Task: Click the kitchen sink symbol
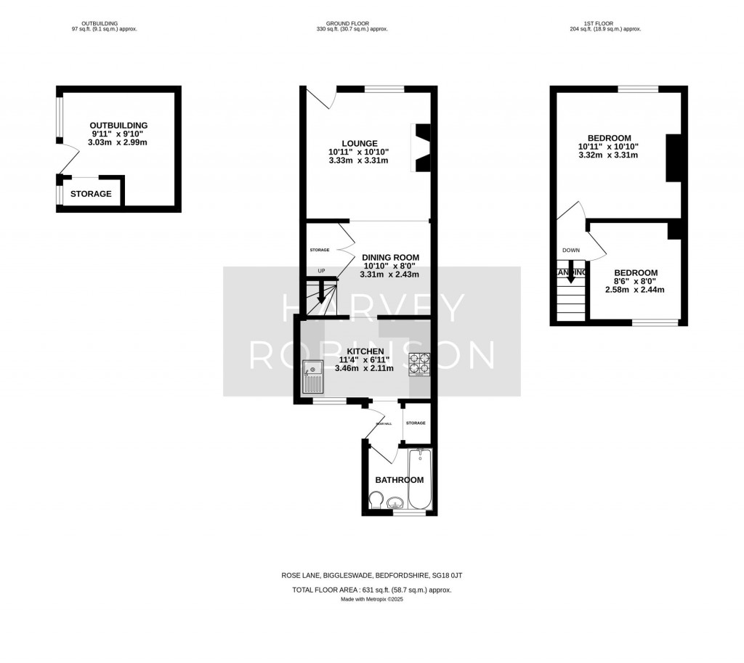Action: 314,378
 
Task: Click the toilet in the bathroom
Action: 376,501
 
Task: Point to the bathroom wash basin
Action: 396,503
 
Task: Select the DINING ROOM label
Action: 389,257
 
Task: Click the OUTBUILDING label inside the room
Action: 118,125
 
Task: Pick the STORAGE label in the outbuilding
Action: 91,194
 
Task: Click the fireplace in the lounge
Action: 421,147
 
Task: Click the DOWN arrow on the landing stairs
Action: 571,274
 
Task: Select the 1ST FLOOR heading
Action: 604,23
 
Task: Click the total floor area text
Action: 371,590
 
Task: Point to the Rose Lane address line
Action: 371,575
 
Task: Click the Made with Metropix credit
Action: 371,599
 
